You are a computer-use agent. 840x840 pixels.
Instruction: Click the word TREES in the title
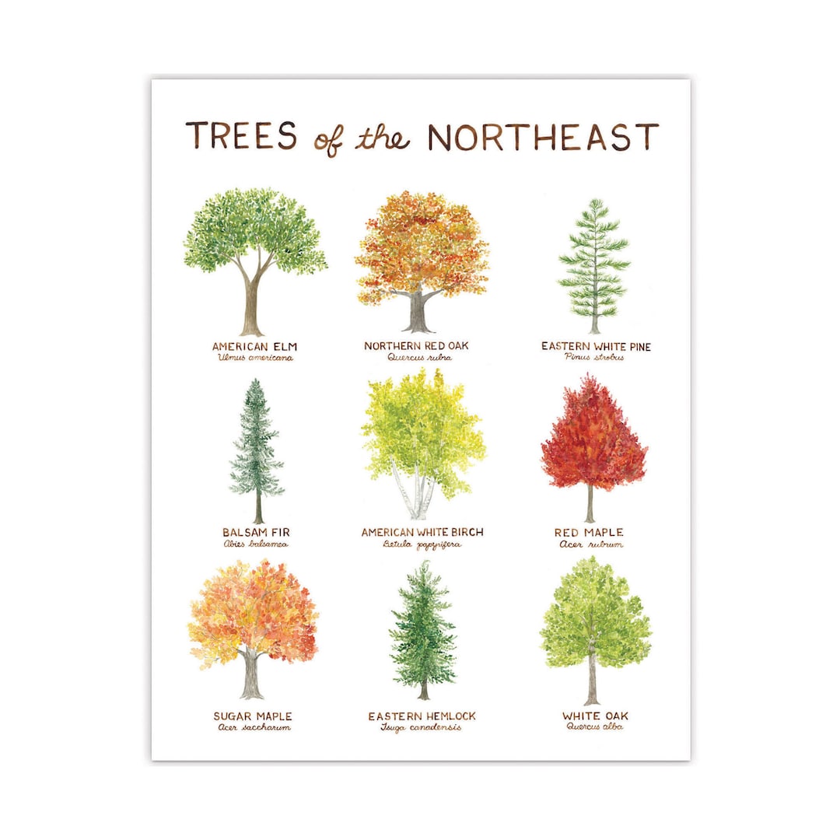pos(241,136)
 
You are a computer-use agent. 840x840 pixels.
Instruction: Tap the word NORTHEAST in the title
pos(542,137)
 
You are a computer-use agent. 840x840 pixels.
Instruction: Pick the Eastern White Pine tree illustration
pos(594,264)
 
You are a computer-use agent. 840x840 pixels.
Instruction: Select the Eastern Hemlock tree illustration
pos(422,630)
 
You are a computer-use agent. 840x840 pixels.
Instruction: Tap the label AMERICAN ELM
pos(255,345)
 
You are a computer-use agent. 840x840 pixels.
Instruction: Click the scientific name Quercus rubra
pos(419,358)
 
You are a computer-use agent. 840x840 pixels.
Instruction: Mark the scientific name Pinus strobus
pos(596,358)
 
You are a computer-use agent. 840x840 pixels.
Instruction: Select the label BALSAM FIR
pos(256,533)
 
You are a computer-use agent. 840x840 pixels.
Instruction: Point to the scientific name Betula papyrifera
pos(422,544)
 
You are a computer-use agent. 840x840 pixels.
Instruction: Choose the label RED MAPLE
pos(589,533)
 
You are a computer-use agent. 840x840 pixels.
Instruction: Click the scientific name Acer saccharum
pos(254,728)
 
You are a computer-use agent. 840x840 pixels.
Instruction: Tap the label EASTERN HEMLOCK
pos(422,716)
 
